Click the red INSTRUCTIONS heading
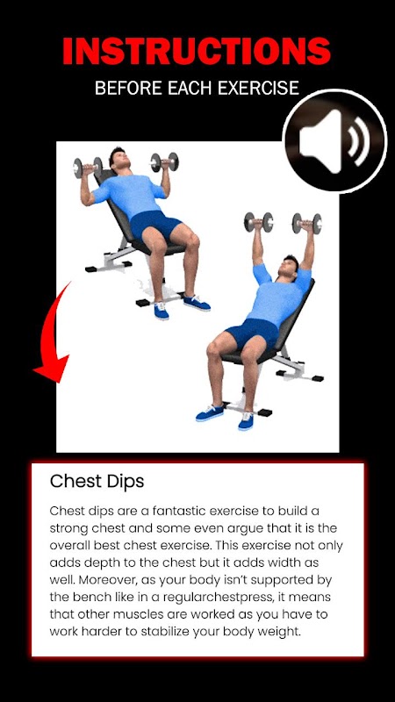[x=197, y=51]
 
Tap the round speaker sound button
[x=334, y=141]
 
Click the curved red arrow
[x=51, y=333]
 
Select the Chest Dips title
[x=97, y=481]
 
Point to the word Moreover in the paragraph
[x=105, y=580]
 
